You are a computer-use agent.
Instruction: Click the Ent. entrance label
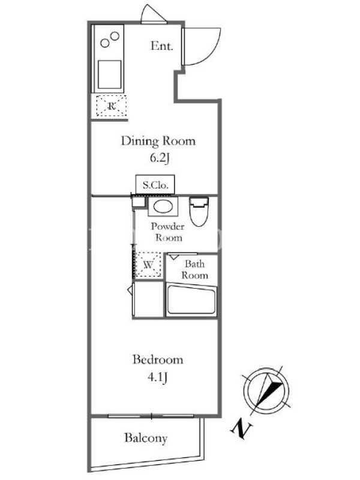(x=162, y=46)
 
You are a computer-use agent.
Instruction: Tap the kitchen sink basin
(x=109, y=74)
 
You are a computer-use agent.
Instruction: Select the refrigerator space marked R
(x=112, y=106)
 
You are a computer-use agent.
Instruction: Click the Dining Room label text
(x=158, y=141)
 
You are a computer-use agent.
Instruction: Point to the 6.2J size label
(x=159, y=158)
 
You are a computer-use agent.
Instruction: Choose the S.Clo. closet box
(x=155, y=185)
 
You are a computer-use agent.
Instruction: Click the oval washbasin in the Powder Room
(x=163, y=206)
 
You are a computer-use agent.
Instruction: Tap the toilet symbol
(x=199, y=211)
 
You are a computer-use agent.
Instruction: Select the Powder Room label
(x=168, y=232)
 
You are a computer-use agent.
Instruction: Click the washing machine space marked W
(x=148, y=265)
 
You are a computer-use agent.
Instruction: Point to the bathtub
(x=191, y=299)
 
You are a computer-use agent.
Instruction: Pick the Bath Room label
(x=194, y=269)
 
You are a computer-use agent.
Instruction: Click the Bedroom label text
(x=158, y=359)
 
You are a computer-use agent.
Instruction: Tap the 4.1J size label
(x=158, y=377)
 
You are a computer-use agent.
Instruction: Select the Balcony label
(x=146, y=438)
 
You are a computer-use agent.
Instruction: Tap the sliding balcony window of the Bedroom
(x=151, y=416)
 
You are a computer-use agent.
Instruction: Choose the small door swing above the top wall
(x=154, y=13)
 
